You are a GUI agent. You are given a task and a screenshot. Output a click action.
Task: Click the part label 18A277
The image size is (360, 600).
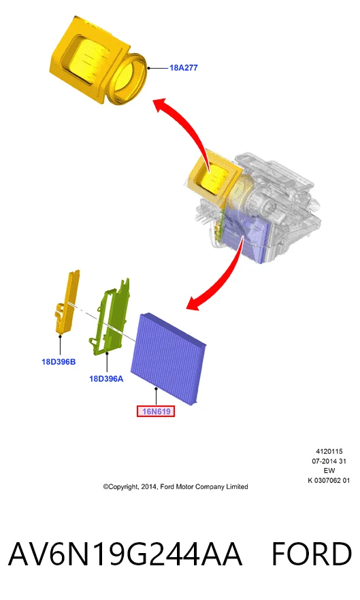coord(184,68)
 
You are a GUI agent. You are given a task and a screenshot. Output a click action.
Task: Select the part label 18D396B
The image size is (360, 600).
coord(59,362)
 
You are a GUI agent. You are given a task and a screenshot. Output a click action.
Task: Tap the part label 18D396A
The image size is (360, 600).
coord(106,379)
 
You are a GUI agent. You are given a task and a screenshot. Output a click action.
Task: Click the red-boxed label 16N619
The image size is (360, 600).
coord(156,412)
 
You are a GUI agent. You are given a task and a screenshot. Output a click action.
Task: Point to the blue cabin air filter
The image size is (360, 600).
coord(169,358)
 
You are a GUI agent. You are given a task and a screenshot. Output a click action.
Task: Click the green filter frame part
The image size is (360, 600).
coord(110,316)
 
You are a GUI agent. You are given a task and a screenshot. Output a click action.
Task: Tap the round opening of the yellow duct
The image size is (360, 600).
coord(129,79)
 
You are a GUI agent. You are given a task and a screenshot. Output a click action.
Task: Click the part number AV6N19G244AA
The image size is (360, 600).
coord(125,554)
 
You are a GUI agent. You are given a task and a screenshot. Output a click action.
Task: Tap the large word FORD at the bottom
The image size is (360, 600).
coord(312,554)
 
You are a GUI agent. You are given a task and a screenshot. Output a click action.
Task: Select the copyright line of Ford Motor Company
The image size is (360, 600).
coord(176,487)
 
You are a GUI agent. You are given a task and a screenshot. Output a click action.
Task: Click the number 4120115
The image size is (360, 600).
coord(329,451)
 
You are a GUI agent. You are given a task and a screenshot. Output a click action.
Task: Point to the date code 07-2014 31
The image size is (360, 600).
coord(329,461)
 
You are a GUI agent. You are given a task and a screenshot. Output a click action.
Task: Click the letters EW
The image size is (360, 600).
coord(329,471)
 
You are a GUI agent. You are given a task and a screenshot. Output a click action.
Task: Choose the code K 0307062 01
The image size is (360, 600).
coord(329,480)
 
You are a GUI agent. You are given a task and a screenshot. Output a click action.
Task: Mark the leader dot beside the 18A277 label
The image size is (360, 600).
coord(148,68)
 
